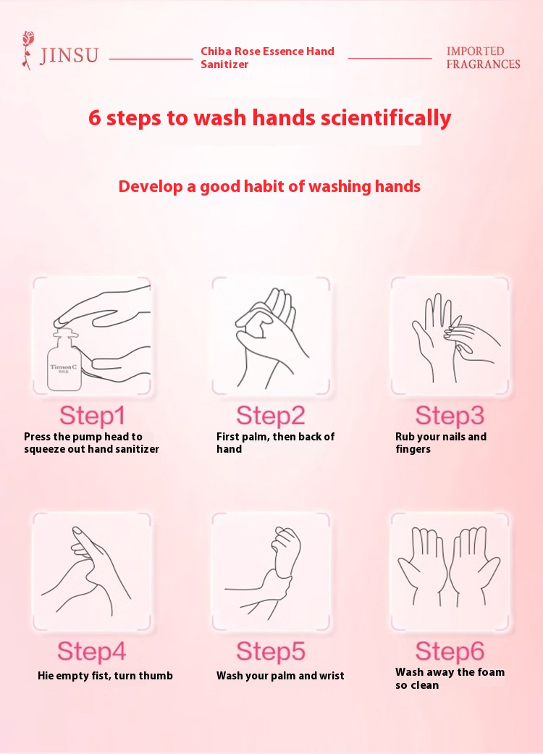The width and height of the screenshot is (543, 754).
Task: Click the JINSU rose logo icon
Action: pos(28,51)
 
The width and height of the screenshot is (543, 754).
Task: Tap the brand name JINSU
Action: pos(70,55)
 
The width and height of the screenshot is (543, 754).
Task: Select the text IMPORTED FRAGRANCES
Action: pos(483,58)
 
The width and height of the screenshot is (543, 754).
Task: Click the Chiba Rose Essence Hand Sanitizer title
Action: pos(267,58)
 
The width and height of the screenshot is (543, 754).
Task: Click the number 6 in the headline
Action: pos(95,118)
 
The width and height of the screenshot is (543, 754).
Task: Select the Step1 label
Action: pos(92,416)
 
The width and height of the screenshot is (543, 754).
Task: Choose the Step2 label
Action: pos(271,416)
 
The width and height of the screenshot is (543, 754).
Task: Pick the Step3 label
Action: pos(450,416)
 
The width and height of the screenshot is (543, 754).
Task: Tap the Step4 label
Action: pos(92,652)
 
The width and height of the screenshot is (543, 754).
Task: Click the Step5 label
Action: pos(271,652)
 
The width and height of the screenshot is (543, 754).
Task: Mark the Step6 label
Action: pos(450,652)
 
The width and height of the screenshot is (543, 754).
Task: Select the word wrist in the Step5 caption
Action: pos(331,676)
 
